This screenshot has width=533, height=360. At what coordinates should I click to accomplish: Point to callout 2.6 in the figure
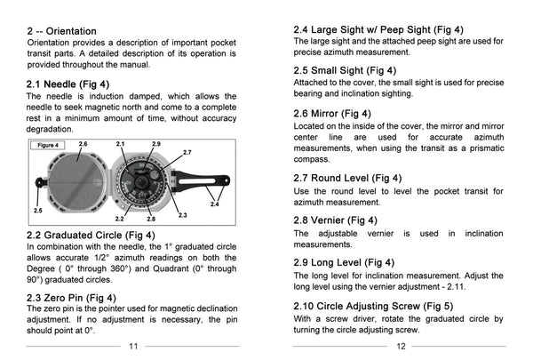tap(83, 143)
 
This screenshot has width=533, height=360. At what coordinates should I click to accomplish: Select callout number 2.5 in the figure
tap(37, 210)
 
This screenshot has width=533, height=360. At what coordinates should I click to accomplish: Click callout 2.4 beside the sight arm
tap(214, 204)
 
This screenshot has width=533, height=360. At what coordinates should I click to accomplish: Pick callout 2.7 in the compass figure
tap(187, 153)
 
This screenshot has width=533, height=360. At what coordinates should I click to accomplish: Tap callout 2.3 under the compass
tap(182, 214)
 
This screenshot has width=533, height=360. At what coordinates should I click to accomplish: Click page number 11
tap(133, 346)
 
